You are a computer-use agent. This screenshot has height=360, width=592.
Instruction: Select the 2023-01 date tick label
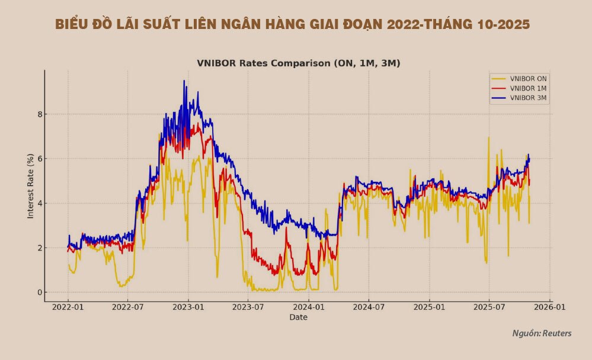click(x=188, y=308)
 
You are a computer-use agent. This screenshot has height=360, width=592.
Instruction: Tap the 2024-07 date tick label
click(x=369, y=308)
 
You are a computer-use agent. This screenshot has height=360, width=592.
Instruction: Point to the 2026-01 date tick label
click(x=551, y=308)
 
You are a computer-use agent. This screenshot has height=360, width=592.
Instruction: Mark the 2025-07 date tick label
click(x=489, y=308)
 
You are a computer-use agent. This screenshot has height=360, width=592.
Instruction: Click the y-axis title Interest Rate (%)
click(x=30, y=187)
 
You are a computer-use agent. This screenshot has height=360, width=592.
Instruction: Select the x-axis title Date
click(x=298, y=318)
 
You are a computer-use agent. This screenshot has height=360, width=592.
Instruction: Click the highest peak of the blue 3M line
click(x=184, y=81)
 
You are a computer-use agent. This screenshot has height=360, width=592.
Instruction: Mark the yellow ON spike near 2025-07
click(x=489, y=137)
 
